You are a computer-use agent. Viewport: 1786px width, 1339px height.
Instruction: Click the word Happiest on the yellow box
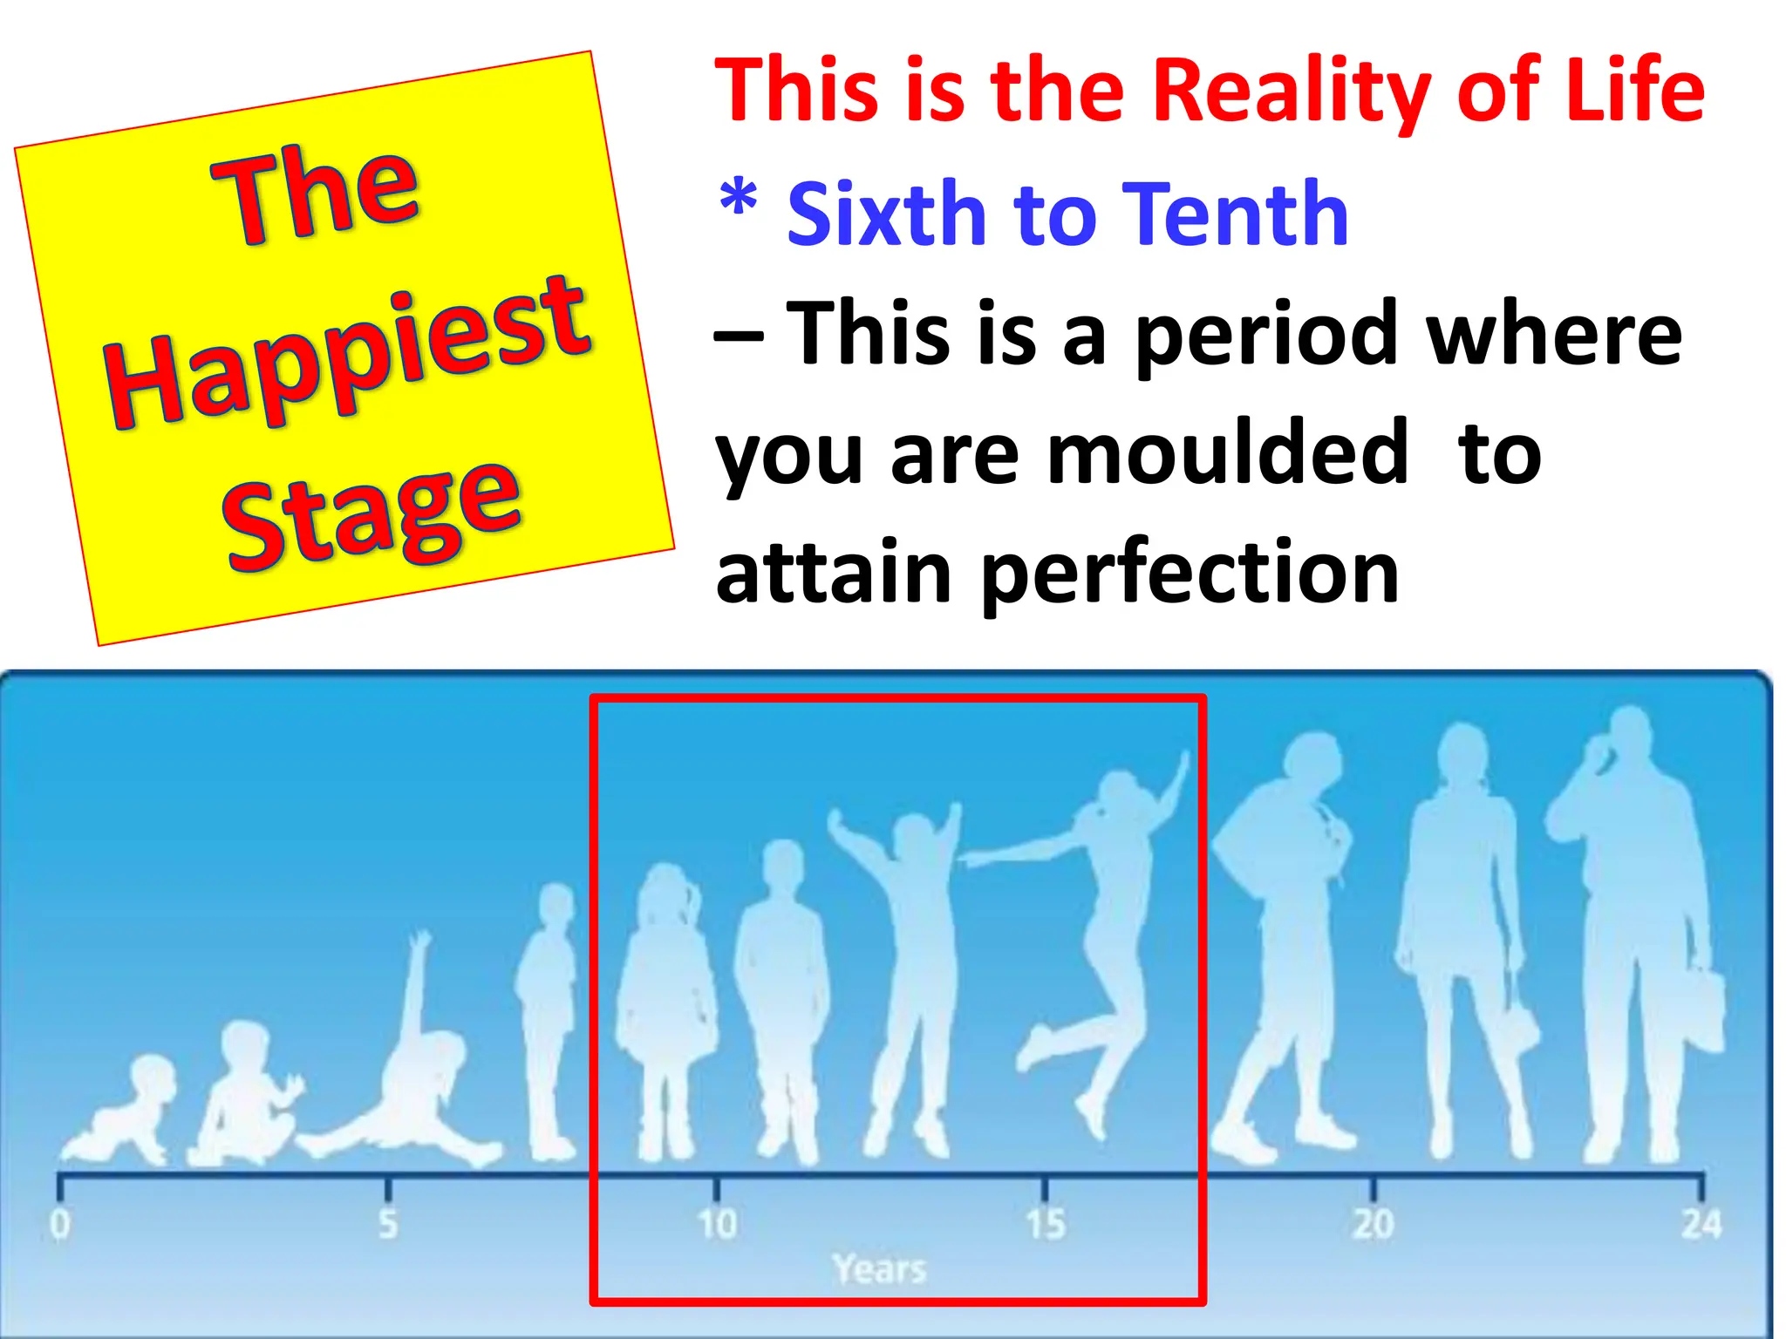347,353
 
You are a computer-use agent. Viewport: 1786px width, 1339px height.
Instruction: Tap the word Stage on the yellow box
373,514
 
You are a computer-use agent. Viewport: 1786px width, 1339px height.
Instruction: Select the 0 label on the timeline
59,1224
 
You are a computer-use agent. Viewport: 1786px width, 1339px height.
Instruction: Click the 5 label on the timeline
388,1224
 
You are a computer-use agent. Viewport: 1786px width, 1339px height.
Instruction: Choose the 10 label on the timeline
717,1224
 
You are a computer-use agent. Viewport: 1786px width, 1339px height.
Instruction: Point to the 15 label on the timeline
1045,1224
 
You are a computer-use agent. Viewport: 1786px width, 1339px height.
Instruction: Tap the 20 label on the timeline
1374,1224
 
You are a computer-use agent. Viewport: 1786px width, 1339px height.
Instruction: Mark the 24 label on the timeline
1701,1224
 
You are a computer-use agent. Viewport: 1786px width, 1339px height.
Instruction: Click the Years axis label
879,1269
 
